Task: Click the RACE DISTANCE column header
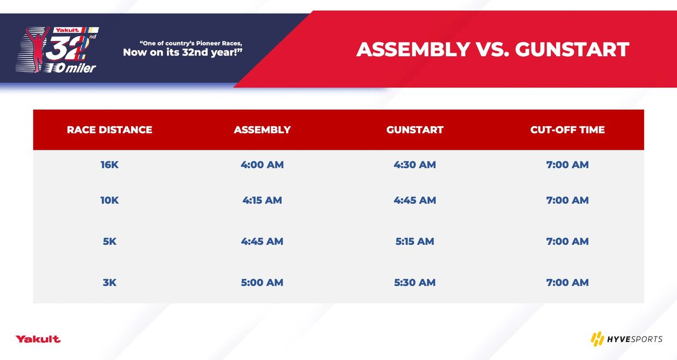109,130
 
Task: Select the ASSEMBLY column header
262,130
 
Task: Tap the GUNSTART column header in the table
415,130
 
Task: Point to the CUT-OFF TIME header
567,130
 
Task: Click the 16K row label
109,165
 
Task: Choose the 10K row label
109,200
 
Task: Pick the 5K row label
109,241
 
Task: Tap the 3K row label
109,282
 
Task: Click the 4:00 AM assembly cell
262,165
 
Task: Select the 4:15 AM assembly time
262,200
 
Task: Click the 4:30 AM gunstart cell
415,165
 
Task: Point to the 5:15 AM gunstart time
415,241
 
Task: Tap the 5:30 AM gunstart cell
415,282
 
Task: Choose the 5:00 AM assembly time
262,282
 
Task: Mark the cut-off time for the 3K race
567,282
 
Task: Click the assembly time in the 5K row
262,241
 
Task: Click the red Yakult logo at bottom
38,339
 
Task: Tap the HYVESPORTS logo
627,339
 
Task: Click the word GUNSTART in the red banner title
572,50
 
